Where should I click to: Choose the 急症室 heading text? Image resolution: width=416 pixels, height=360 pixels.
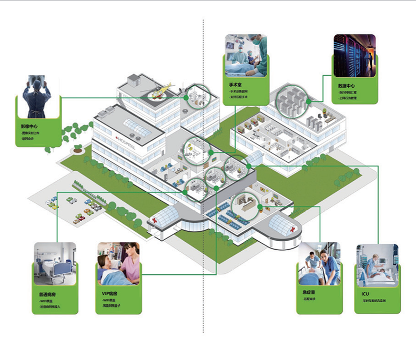coord(309,293)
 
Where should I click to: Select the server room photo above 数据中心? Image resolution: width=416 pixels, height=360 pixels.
coord(354,56)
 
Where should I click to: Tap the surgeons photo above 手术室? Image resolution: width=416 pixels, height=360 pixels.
coord(246,56)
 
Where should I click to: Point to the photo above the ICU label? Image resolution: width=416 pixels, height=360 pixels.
coord(377,265)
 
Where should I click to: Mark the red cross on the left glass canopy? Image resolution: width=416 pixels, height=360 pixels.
coord(155,220)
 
